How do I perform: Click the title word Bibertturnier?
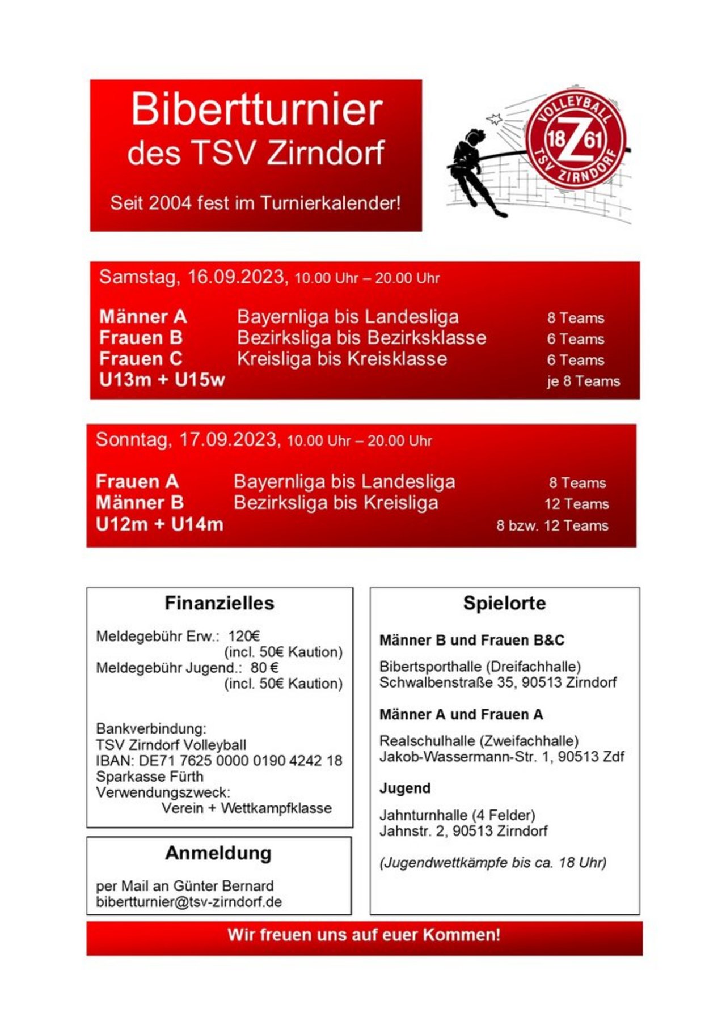pos(256,109)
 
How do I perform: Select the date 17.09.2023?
pos(229,440)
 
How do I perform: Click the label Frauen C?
pos(141,359)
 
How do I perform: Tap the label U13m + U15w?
pos(162,380)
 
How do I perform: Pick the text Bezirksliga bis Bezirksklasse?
pos(361,338)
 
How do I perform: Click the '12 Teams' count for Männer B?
pos(576,504)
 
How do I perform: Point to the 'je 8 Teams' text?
pos(583,381)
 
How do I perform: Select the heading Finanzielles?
pos(219,603)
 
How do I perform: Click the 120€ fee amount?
pos(244,636)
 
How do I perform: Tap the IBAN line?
pos(219,761)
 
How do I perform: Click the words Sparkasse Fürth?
pos(149,777)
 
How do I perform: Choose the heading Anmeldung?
pos(218,853)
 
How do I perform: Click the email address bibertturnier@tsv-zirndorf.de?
pos(189,902)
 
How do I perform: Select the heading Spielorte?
pos(504,603)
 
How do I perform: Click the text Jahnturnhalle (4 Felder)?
pos(457,815)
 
